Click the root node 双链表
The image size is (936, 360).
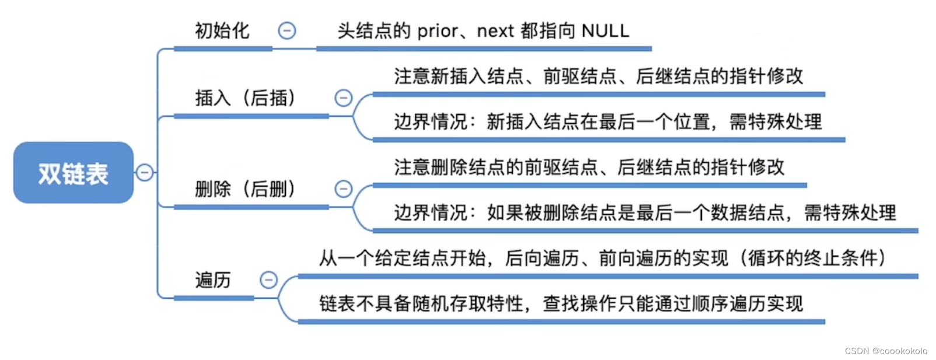click(x=74, y=173)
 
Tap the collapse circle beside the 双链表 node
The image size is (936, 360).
click(x=144, y=173)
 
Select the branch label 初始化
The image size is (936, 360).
click(x=222, y=30)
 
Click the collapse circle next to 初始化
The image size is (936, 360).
click(x=287, y=30)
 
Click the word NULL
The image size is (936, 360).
click(x=606, y=31)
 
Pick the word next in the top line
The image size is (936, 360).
click(x=495, y=31)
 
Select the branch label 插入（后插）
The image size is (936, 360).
click(x=246, y=97)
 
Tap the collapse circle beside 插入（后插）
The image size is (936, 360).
click(x=343, y=97)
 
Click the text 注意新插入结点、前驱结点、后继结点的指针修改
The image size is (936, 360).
click(x=598, y=76)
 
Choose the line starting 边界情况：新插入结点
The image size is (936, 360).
click(x=607, y=121)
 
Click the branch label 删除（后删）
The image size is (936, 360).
click(x=246, y=188)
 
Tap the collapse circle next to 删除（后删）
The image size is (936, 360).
click(x=343, y=188)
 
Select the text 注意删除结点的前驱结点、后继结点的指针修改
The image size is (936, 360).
click(x=589, y=167)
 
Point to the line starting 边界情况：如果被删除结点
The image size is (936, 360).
click(x=645, y=212)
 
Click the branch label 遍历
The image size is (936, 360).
click(x=213, y=280)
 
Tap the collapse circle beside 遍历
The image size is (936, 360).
click(x=268, y=280)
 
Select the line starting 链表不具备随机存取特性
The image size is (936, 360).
click(x=561, y=303)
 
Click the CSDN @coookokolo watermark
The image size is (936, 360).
click(x=886, y=351)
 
